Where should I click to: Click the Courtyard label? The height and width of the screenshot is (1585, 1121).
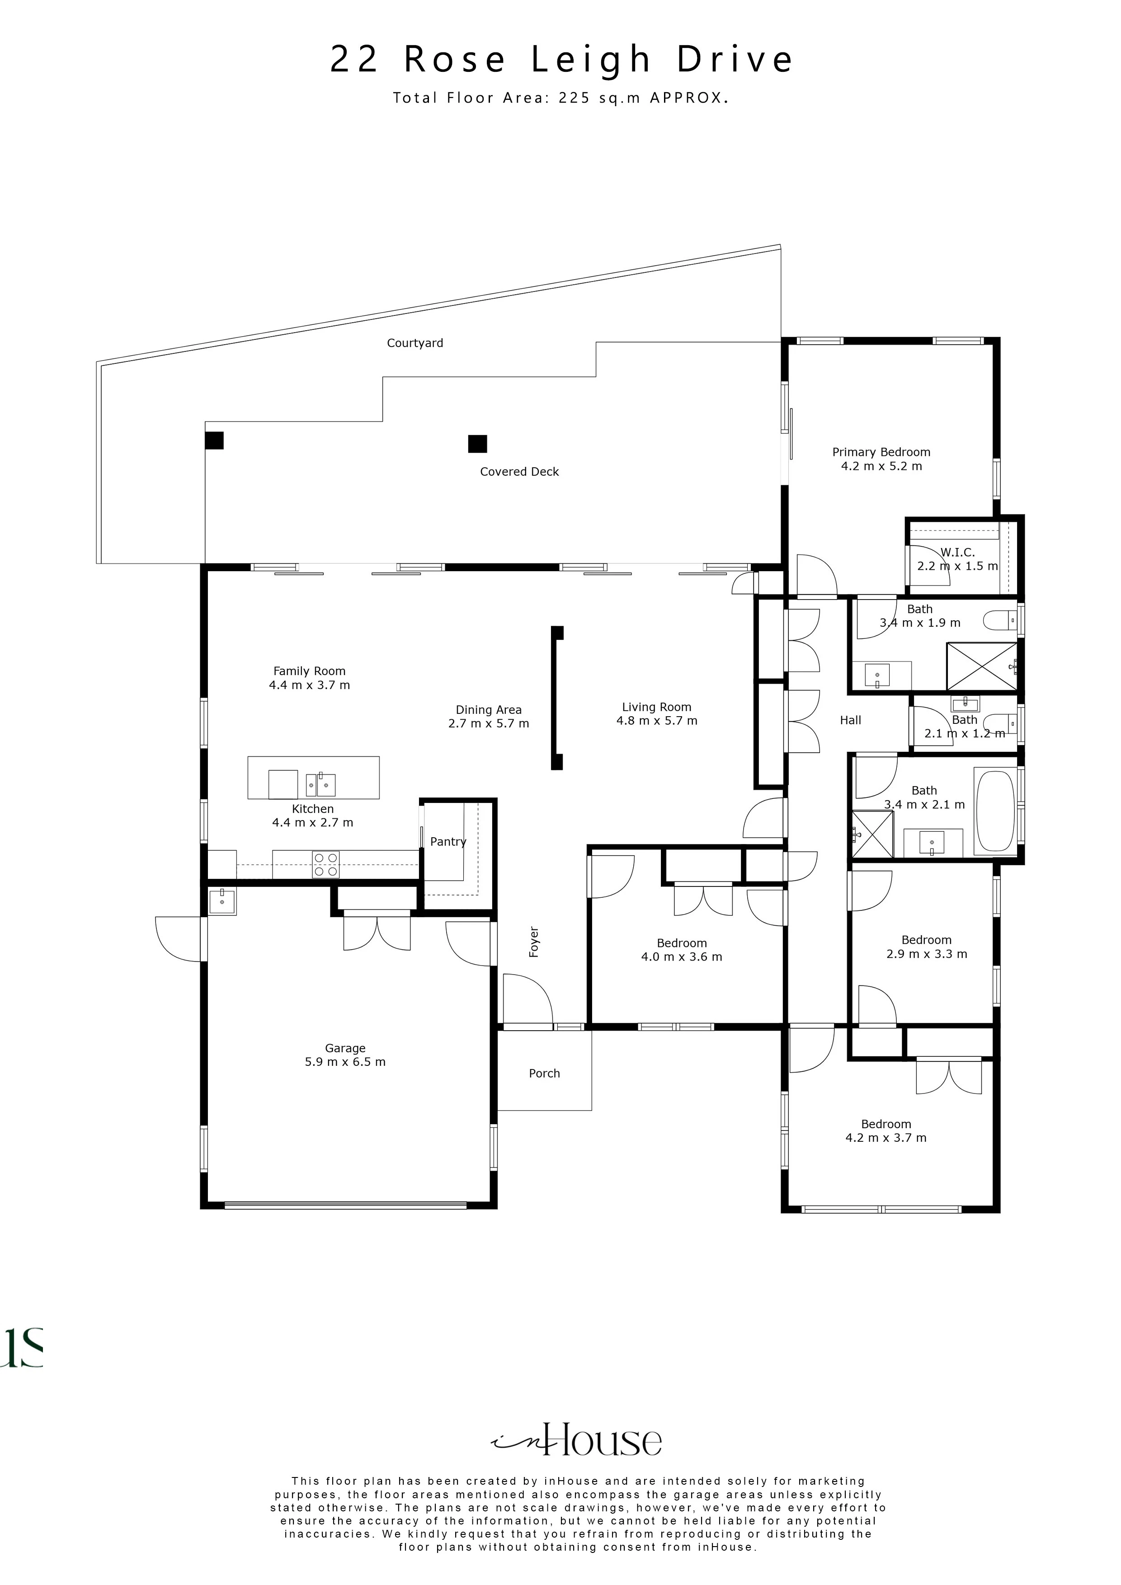click(414, 343)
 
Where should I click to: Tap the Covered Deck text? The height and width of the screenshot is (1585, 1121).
click(519, 472)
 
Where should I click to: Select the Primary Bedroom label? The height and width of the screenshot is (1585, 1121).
click(881, 452)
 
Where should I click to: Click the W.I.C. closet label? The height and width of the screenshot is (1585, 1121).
click(957, 552)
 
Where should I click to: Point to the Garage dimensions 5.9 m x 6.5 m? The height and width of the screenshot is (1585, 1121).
click(345, 1062)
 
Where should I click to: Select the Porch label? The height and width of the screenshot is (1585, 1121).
click(544, 1074)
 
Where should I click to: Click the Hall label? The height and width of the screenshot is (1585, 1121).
click(850, 720)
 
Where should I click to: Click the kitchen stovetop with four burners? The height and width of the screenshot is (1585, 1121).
click(326, 864)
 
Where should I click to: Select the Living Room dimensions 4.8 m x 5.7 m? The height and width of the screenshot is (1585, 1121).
click(657, 721)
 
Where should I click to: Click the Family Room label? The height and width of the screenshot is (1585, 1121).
click(310, 671)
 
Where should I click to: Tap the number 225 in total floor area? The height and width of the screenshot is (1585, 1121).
click(575, 98)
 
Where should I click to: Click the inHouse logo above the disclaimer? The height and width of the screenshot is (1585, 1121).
click(577, 1440)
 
